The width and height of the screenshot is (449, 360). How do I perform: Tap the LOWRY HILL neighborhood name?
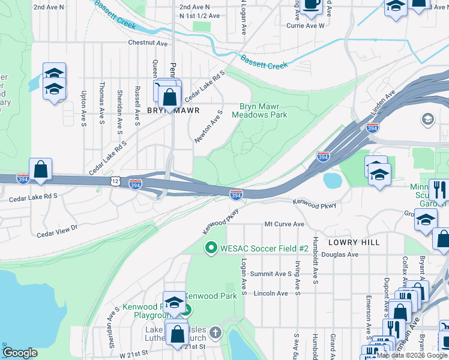[x=354, y=242]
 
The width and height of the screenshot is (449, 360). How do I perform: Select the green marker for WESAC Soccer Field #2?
[x=211, y=247]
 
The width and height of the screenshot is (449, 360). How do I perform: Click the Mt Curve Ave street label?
[x=285, y=224]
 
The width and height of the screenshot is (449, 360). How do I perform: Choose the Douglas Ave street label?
[x=339, y=254]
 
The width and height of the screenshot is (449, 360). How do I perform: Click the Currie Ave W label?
[x=305, y=26]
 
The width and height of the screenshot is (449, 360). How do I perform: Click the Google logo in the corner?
[x=20, y=353]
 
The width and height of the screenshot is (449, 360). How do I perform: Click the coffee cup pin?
[x=311, y=5]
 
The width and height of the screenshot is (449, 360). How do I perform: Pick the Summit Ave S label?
[x=271, y=274]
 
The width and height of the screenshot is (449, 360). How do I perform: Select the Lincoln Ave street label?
[x=271, y=293]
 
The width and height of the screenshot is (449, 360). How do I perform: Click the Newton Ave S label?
[x=209, y=126]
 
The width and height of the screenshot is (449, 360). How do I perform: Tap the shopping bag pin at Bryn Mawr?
[x=170, y=96]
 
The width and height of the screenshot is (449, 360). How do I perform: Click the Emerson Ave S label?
[x=367, y=312]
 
